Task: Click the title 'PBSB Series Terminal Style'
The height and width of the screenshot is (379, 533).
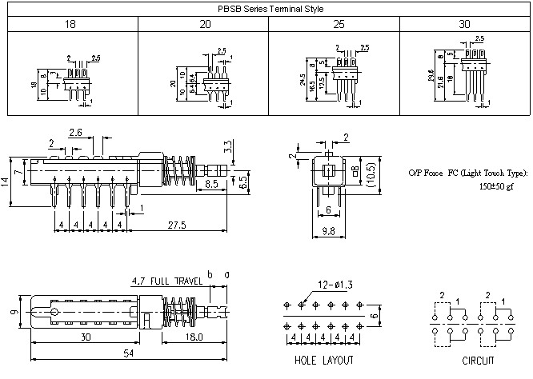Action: pyautogui.click(x=266, y=10)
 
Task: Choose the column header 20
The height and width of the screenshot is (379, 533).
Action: pyautogui.click(x=202, y=26)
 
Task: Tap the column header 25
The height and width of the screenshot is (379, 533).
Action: pyautogui.click(x=332, y=26)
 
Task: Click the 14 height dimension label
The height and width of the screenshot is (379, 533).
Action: pyautogui.click(x=6, y=182)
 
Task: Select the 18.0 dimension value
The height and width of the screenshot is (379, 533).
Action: pyautogui.click(x=195, y=338)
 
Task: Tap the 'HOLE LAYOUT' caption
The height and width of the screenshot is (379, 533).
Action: pyautogui.click(x=324, y=361)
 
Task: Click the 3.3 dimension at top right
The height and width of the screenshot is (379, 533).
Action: pyautogui.click(x=229, y=146)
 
